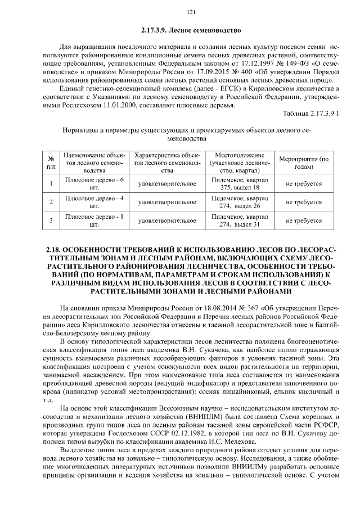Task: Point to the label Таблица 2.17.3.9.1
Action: [312, 114]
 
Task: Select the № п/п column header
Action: [51, 163]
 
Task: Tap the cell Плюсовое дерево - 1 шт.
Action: [90, 220]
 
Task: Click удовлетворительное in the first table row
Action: [167, 183]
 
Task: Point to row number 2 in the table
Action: [51, 202]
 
